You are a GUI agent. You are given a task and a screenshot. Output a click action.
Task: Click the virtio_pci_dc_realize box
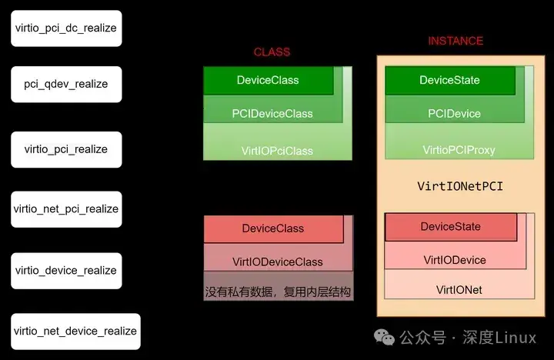coord(66,28)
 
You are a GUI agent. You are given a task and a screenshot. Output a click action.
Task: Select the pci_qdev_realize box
coord(66,84)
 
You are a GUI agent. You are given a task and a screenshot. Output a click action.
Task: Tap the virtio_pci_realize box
coord(66,148)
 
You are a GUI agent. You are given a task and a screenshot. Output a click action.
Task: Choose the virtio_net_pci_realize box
coord(66,208)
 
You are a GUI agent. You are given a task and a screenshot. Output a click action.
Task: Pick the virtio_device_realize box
coord(66,270)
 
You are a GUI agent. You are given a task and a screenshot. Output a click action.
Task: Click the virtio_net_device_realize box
coord(75,331)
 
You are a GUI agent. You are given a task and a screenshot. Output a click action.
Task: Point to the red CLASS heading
coord(272,52)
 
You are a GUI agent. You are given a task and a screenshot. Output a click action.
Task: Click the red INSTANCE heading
coord(456,40)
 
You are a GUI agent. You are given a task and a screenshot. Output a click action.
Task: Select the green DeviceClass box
coord(268,80)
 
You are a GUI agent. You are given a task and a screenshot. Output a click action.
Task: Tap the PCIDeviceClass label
coord(272,113)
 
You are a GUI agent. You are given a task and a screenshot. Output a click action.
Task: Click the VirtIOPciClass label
coord(277,150)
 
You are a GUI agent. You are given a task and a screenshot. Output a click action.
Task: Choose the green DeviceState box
coord(449,80)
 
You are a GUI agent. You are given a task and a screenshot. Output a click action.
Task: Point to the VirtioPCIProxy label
coord(459,149)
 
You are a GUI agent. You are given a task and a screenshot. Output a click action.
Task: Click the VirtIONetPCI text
coord(459,186)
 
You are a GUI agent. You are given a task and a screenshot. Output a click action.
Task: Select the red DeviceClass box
coord(272,228)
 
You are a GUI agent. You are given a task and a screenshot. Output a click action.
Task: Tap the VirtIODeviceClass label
coord(277,262)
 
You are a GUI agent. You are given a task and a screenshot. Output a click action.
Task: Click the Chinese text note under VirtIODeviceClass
coord(278,292)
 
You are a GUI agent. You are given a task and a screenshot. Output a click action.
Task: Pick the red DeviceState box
coord(450,227)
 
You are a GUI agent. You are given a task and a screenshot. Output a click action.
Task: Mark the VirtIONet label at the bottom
coord(459,290)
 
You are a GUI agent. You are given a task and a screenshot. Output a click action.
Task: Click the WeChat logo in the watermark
coord(382,338)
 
